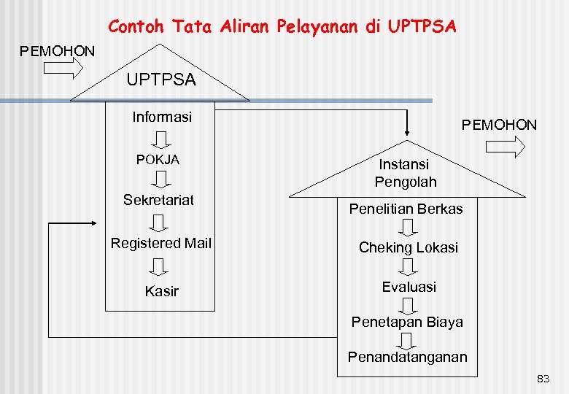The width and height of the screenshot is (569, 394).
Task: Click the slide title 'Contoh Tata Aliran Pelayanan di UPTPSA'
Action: click(x=282, y=27)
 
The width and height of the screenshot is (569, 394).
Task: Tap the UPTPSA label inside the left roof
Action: click(x=161, y=80)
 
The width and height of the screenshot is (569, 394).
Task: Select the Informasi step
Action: click(x=161, y=117)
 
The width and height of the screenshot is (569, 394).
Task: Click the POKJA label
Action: click(x=158, y=159)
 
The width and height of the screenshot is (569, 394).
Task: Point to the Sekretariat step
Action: click(x=158, y=200)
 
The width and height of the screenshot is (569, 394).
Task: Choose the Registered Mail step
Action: click(x=160, y=243)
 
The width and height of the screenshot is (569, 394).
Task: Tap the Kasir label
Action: click(x=161, y=291)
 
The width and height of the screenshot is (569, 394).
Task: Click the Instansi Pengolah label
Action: click(x=406, y=173)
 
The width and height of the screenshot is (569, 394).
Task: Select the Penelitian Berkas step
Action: click(x=406, y=209)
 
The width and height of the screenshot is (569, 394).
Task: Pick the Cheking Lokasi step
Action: click(x=408, y=247)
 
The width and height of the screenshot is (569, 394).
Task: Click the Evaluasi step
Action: click(x=409, y=287)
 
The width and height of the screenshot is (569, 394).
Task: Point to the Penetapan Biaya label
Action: click(x=407, y=322)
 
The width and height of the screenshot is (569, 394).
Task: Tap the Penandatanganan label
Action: click(x=407, y=357)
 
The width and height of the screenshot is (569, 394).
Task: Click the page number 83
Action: click(x=543, y=379)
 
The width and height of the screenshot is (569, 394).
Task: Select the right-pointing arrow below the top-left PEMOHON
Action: click(x=63, y=69)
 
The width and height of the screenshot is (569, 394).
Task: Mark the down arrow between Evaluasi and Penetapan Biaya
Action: click(x=409, y=304)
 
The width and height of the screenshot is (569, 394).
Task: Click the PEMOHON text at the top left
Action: click(x=57, y=51)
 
